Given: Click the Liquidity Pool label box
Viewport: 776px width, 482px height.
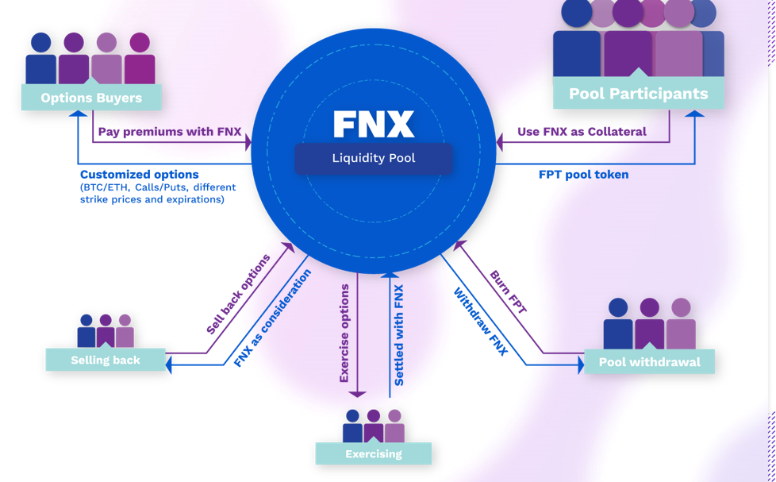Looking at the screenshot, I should pyautogui.click(x=373, y=158).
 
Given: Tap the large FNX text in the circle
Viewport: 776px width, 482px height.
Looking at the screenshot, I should pyautogui.click(x=373, y=125).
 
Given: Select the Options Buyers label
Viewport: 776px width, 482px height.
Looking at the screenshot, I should pyautogui.click(x=91, y=98).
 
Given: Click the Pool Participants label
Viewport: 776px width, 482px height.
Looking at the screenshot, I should pyautogui.click(x=638, y=94).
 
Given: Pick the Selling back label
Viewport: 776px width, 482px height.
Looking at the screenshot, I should pyautogui.click(x=106, y=360).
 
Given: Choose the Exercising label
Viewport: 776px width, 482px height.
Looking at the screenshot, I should pyautogui.click(x=373, y=453).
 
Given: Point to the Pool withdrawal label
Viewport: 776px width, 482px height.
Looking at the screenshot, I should pyautogui.click(x=649, y=361).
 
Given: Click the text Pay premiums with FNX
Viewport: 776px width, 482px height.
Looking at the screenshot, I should pyautogui.click(x=169, y=132).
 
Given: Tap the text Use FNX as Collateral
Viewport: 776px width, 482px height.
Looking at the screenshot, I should pyautogui.click(x=582, y=132).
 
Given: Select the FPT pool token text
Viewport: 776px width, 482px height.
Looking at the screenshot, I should pyautogui.click(x=583, y=175).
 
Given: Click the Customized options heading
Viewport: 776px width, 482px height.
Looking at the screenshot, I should pyautogui.click(x=139, y=175).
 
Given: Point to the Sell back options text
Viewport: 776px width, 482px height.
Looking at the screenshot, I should pyautogui.click(x=238, y=294).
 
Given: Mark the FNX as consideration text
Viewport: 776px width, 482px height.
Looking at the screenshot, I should pyautogui.click(x=272, y=318).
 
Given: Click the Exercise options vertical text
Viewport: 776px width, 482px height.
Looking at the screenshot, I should pyautogui.click(x=344, y=334).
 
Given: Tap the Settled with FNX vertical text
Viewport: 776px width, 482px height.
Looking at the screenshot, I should pyautogui.click(x=398, y=335).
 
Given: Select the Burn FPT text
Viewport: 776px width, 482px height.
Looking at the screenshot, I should pyautogui.click(x=509, y=292).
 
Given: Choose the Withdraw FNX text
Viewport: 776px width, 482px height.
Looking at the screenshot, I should pyautogui.click(x=481, y=322).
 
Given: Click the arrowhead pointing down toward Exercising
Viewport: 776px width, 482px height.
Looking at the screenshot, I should pyautogui.click(x=357, y=392).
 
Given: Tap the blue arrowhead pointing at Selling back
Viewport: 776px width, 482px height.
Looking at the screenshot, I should pyautogui.click(x=168, y=365).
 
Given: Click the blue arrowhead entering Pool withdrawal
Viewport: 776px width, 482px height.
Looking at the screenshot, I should pyautogui.click(x=580, y=365).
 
